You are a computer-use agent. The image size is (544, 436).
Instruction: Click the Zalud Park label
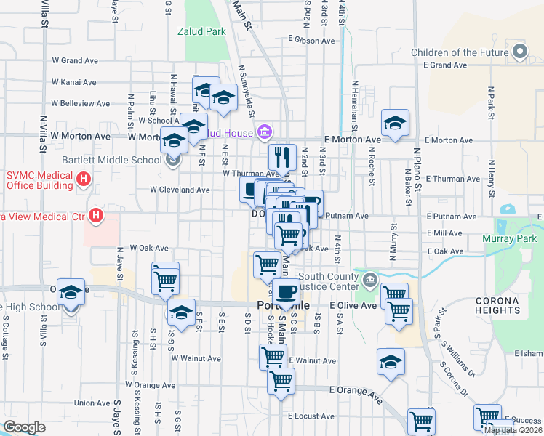click(x=201, y=32)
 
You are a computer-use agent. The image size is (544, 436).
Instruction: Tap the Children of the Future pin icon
click(x=520, y=52)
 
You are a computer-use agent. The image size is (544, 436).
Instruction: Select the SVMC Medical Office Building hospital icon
click(x=84, y=178)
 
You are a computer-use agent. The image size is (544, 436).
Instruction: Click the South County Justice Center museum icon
click(x=370, y=279)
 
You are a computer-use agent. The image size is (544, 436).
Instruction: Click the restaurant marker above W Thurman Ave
click(x=280, y=156)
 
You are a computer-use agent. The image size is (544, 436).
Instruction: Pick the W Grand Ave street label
click(x=74, y=61)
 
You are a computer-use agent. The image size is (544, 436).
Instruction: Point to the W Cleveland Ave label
click(x=180, y=190)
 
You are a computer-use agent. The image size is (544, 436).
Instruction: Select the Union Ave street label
click(x=92, y=403)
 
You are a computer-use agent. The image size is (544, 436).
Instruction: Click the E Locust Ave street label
click(x=311, y=416)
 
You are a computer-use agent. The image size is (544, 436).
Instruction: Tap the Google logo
click(x=24, y=427)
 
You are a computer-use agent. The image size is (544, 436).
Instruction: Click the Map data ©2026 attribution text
click(x=513, y=430)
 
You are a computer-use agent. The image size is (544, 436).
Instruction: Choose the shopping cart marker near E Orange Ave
click(x=281, y=380)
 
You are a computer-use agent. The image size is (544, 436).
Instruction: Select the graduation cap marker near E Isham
click(x=390, y=361)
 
